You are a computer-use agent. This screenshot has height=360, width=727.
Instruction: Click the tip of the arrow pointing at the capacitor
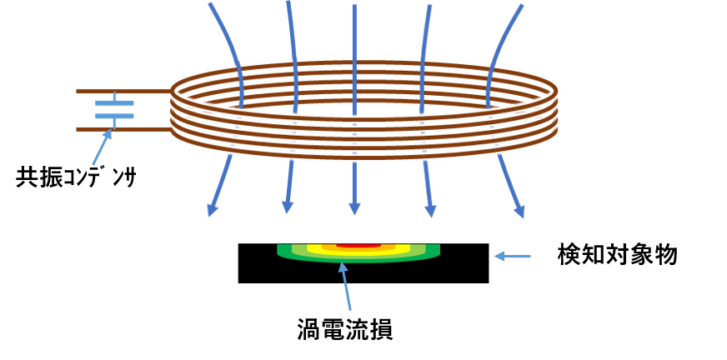111,129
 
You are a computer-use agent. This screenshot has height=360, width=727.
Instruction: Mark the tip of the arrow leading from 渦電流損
342,262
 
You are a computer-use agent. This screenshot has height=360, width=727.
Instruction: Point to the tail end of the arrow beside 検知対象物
530,256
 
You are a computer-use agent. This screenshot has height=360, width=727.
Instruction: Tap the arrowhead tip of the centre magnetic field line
354,214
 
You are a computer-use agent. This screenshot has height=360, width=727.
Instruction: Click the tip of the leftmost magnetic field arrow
209,216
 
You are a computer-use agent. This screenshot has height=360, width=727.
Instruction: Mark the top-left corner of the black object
238,243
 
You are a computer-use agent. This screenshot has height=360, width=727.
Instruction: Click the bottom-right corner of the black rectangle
489,282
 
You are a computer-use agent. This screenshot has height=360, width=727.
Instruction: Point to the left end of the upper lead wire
77,92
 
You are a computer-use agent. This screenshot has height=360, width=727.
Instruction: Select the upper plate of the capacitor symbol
114,103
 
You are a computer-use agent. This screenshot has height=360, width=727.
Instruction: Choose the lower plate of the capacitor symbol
114,116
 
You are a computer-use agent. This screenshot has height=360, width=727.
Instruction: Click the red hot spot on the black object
358,245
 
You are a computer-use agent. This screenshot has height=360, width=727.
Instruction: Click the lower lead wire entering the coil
123,130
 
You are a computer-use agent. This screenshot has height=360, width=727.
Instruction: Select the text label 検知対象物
618,255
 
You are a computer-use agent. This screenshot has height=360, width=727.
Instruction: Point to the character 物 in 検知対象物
666,255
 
